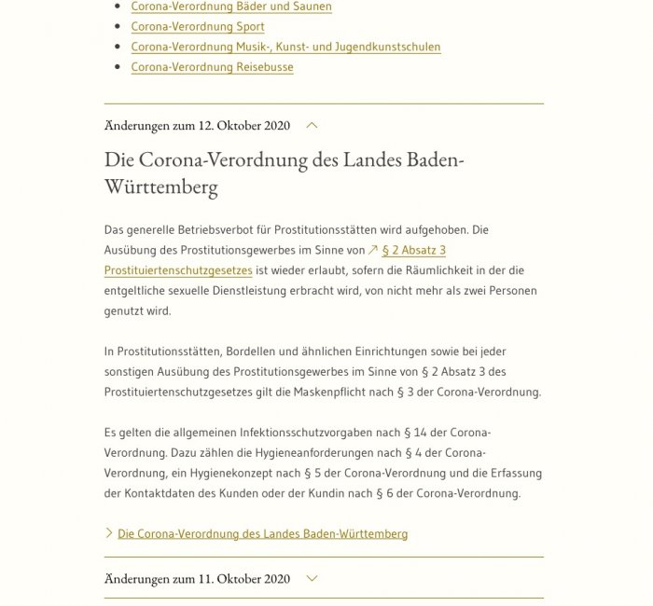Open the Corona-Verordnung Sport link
tap(197, 27)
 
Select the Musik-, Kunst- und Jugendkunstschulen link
tap(285, 47)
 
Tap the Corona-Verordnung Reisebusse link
tap(212, 67)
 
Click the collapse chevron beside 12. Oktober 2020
tap(312, 125)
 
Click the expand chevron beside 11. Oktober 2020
tap(312, 578)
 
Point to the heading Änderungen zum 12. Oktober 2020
tap(197, 125)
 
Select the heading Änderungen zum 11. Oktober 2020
tap(197, 578)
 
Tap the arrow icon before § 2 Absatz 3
tap(373, 250)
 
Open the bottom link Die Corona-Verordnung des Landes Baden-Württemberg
tap(262, 534)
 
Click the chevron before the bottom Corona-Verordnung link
tap(109, 534)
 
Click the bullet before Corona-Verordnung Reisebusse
tap(117, 67)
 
